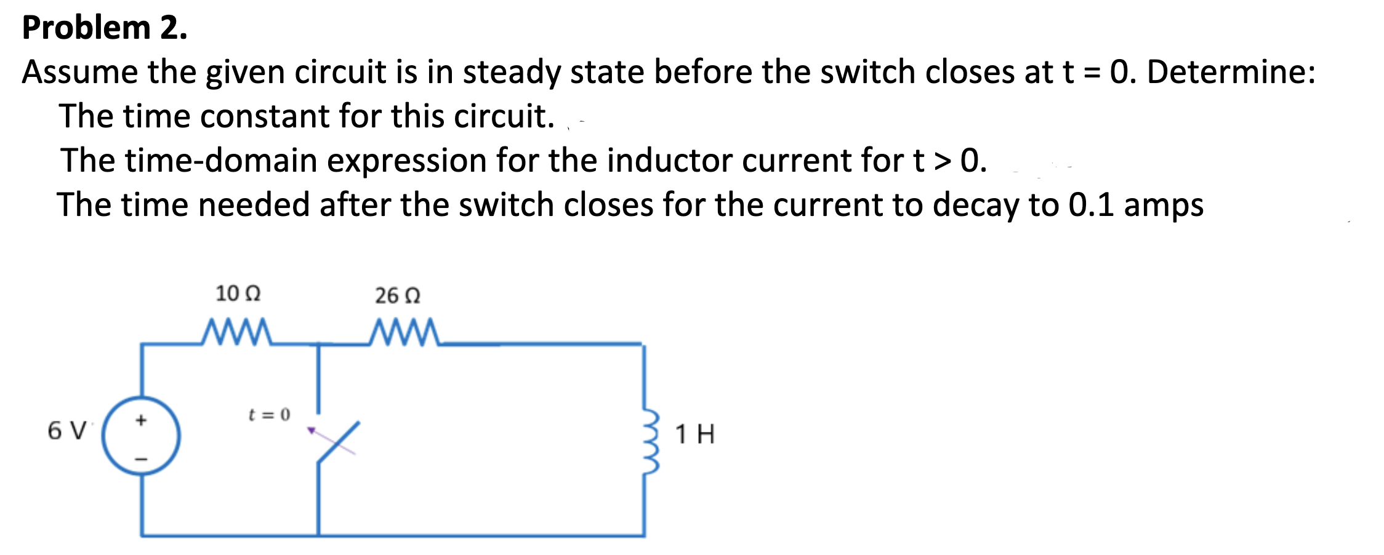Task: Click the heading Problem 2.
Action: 105,28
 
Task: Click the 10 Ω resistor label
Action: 238,294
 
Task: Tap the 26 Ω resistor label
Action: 398,296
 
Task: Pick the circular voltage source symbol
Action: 141,436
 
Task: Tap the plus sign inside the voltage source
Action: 141,420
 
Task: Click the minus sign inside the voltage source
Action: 141,458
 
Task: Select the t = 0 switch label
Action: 268,415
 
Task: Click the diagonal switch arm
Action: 338,442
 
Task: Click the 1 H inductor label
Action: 694,434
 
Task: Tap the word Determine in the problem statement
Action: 1231,73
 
